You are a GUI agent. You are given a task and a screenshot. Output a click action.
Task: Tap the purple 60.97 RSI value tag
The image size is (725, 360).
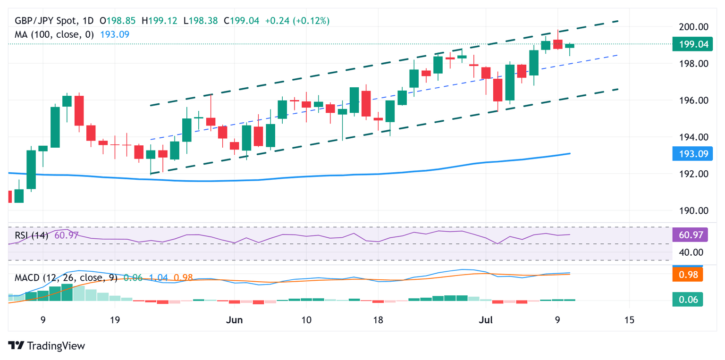[687, 234]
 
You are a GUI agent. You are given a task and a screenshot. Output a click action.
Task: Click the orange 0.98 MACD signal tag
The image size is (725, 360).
[687, 274]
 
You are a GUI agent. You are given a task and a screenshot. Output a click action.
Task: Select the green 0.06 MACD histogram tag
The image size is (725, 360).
[687, 299]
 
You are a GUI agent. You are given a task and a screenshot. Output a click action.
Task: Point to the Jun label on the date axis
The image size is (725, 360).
[234, 320]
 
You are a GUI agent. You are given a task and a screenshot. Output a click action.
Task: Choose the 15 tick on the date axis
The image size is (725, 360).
[629, 320]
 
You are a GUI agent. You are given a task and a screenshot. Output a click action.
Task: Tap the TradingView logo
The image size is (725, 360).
[47, 345]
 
